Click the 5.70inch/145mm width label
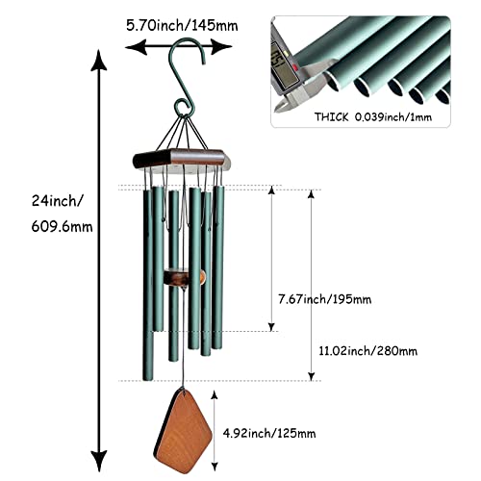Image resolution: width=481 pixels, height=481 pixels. tap(182, 26)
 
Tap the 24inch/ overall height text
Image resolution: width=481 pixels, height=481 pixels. tap(57, 201)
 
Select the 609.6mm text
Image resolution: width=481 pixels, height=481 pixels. tap(62, 227)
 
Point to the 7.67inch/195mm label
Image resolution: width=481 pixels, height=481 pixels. tap(324, 299)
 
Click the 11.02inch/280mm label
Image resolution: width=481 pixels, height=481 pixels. tap(368, 351)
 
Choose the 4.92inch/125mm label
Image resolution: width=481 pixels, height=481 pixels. tap(269, 433)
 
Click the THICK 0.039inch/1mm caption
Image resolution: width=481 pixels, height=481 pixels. tap(373, 117)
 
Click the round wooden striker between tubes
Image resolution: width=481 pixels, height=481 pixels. tap(184, 278)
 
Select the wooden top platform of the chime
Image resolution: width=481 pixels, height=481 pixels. tap(182, 159)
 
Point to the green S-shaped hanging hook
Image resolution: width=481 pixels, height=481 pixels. tap(187, 77)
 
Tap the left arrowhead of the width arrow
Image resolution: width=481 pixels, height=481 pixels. tap(136, 47)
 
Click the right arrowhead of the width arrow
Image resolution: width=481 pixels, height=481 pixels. tap(221, 47)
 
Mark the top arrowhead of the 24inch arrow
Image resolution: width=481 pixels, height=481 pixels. tap(99, 60)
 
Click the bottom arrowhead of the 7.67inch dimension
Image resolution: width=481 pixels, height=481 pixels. tap(271, 327)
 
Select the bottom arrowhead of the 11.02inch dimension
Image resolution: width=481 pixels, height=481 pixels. tap(311, 376)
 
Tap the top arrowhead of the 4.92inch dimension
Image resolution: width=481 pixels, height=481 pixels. tap(215, 395)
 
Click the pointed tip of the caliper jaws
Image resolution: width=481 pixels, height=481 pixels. tap(276, 110)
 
